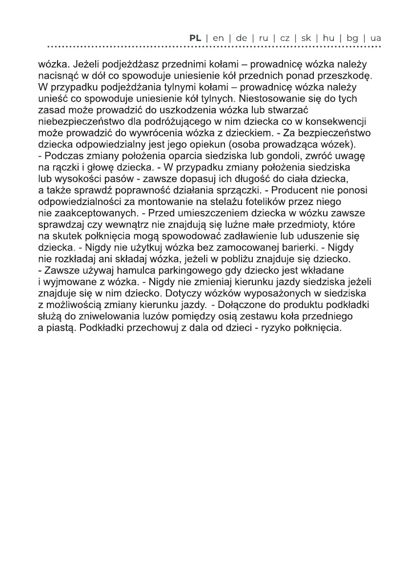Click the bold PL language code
(195, 38)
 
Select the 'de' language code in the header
(241, 38)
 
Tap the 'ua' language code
(376, 38)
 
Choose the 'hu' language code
(328, 38)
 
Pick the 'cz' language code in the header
(285, 38)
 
